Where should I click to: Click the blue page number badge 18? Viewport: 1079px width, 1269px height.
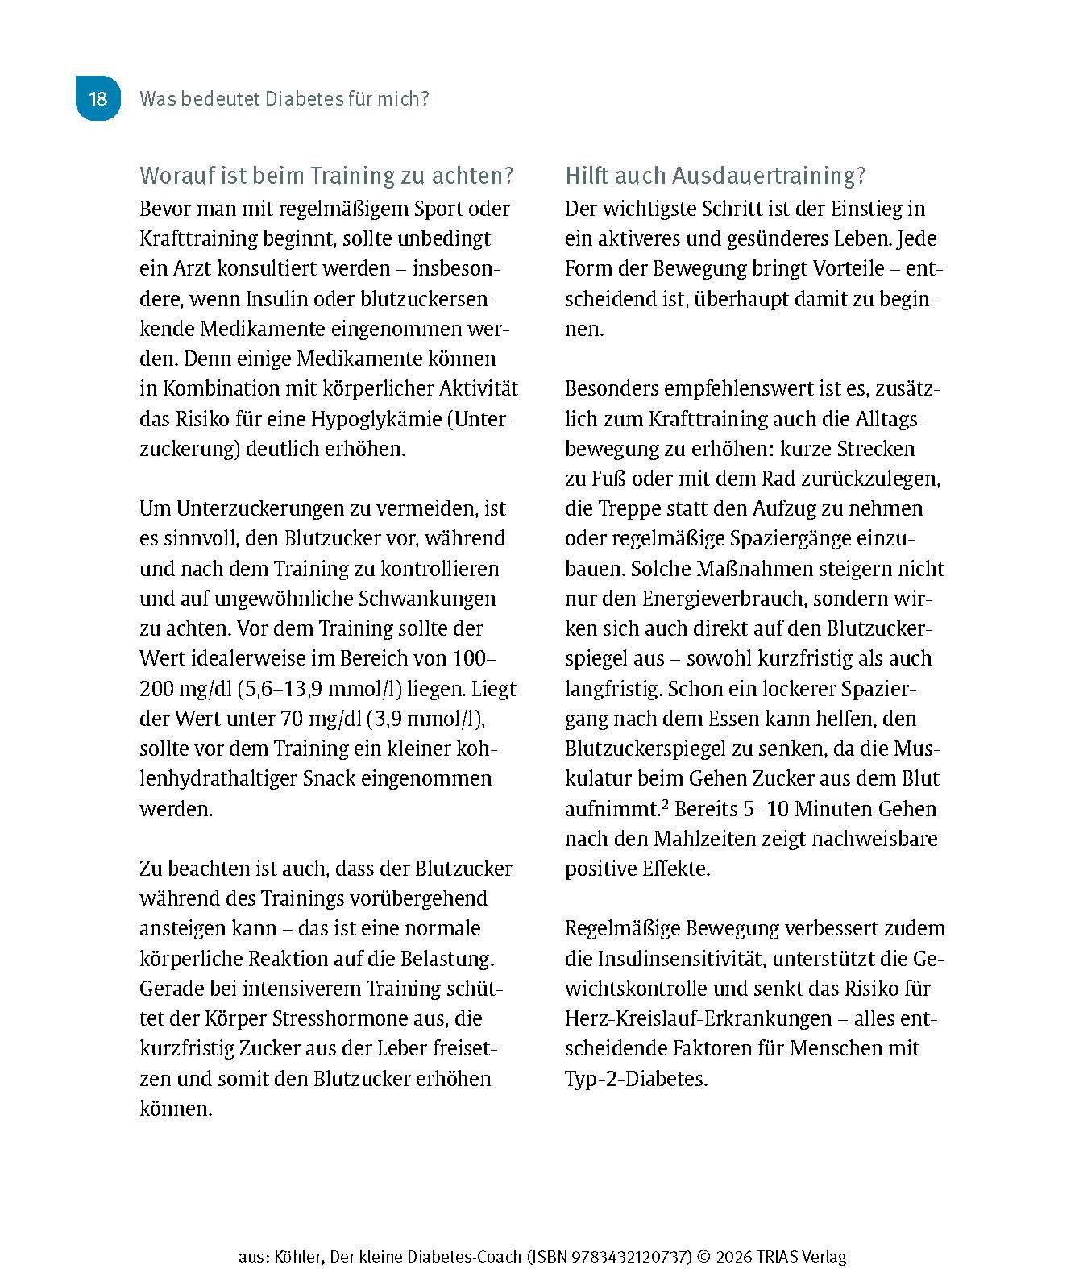(x=98, y=99)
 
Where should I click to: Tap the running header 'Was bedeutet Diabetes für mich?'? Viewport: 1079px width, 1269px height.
(x=284, y=99)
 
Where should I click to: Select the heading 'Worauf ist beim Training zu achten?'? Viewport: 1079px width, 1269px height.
(x=326, y=176)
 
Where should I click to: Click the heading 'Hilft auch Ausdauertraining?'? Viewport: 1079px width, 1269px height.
(x=715, y=176)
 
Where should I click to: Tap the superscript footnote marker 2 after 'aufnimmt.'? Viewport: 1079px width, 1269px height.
(x=666, y=803)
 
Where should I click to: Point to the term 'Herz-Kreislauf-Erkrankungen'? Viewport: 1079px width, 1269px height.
(x=699, y=1018)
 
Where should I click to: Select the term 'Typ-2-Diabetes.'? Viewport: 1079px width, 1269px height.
(x=636, y=1079)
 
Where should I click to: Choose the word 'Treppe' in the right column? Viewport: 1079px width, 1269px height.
(x=630, y=509)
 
